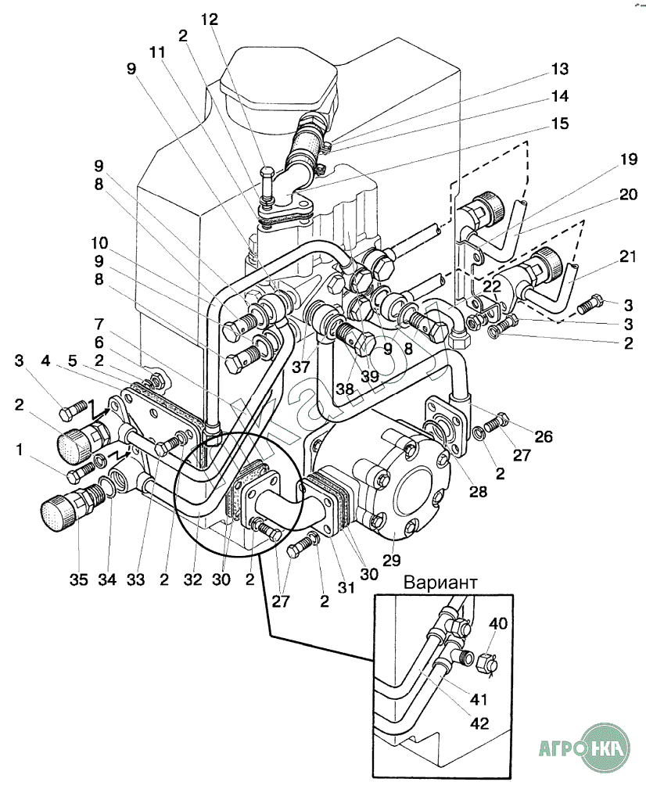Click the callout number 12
[210, 20]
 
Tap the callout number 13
[560, 69]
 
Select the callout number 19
[628, 160]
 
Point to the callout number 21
[628, 257]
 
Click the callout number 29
[392, 560]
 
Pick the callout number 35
[78, 579]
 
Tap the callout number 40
[498, 624]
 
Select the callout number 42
[479, 723]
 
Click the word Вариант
[440, 583]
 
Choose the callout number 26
[544, 436]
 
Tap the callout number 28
[478, 491]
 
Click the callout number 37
[301, 367]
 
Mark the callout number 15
[560, 124]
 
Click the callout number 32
[192, 579]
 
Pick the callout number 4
[46, 360]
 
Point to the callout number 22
[492, 287]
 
